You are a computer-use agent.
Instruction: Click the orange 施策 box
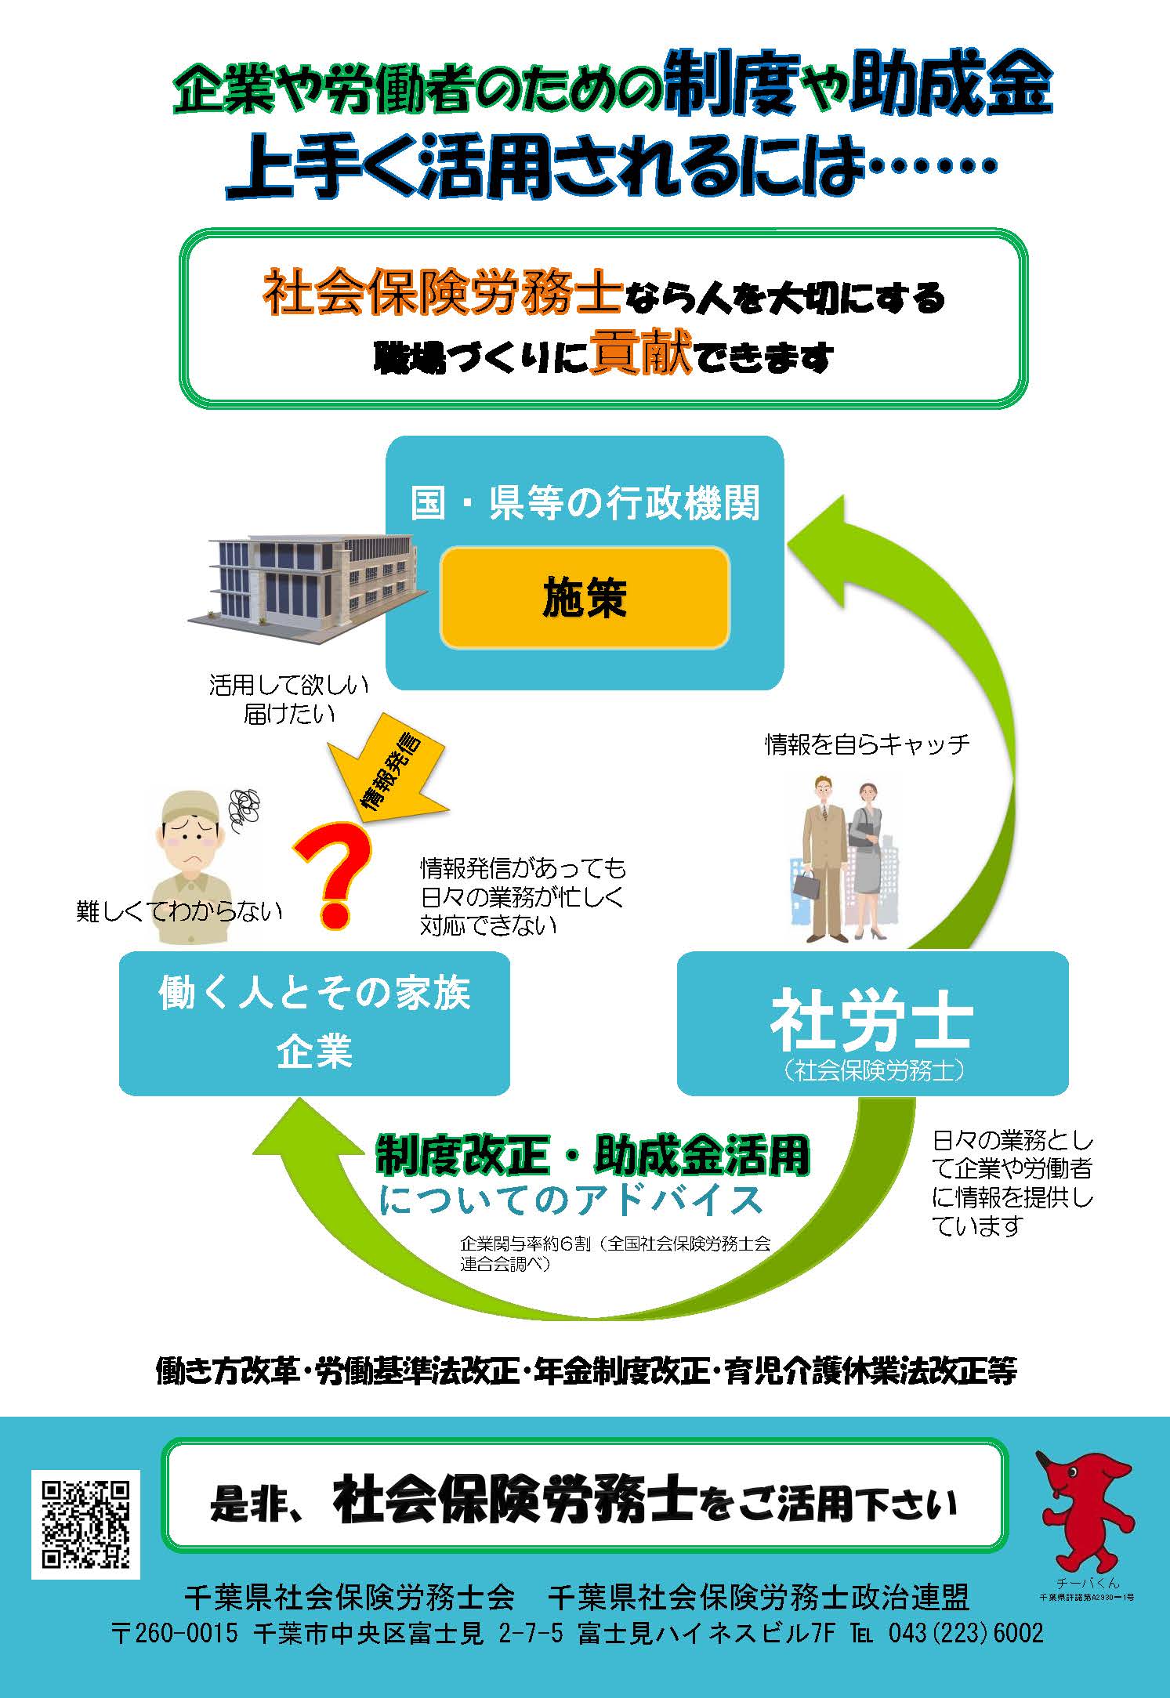tap(585, 599)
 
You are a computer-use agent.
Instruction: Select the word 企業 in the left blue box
tap(314, 1051)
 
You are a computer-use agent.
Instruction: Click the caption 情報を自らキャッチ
tap(868, 744)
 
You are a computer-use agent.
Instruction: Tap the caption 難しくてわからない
tap(179, 911)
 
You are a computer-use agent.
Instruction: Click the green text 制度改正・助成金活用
tap(592, 1155)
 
